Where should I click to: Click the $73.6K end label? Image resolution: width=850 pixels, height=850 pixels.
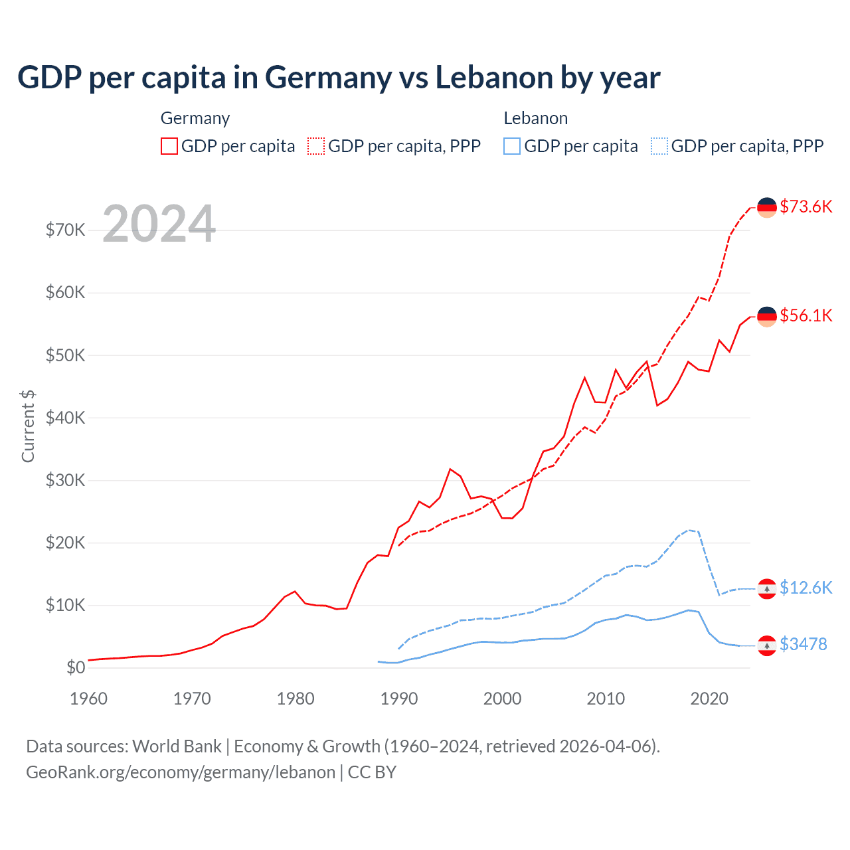click(x=806, y=207)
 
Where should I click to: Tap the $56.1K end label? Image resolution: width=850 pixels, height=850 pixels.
click(x=806, y=315)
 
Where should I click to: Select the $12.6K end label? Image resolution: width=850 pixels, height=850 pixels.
click(x=806, y=588)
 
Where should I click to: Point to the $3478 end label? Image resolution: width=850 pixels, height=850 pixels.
click(x=803, y=644)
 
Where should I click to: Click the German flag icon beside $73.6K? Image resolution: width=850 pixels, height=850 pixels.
click(x=767, y=207)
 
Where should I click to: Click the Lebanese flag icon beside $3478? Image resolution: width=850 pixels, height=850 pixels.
click(x=767, y=645)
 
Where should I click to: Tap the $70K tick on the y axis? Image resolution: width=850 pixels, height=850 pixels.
click(x=65, y=230)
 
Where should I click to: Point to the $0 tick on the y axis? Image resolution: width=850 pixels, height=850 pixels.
click(x=76, y=667)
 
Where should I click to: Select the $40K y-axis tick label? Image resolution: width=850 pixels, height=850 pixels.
click(x=65, y=418)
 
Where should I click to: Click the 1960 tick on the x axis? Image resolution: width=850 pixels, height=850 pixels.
click(x=88, y=699)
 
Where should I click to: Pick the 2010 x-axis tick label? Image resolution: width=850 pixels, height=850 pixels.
click(x=606, y=699)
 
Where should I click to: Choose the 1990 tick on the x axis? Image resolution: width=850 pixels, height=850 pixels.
click(x=398, y=699)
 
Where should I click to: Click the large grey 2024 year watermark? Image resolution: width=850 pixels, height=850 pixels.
click(x=159, y=224)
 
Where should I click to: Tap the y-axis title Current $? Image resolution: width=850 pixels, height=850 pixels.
click(x=28, y=426)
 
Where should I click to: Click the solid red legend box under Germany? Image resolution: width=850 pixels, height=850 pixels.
click(x=169, y=146)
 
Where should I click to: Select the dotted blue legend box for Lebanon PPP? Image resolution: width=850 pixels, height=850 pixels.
click(x=659, y=146)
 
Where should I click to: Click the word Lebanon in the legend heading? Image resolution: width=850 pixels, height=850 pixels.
click(x=535, y=118)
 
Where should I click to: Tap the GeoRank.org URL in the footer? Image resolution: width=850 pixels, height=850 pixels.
click(x=181, y=772)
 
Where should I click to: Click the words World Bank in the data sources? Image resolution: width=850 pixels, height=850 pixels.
click(x=177, y=746)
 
